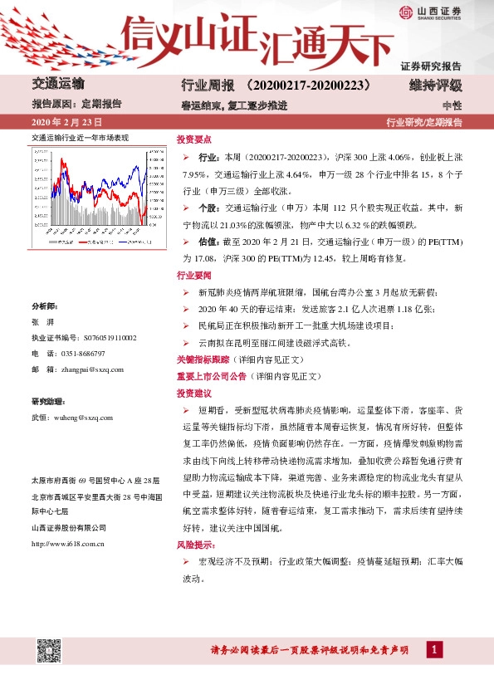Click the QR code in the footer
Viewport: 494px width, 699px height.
[48, 652]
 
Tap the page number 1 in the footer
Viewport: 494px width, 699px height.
[433, 650]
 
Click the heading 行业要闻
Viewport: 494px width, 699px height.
[194, 274]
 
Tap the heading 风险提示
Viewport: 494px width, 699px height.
[195, 546]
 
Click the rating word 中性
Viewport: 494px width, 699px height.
[452, 105]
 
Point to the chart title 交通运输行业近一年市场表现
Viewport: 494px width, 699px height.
[81, 138]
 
